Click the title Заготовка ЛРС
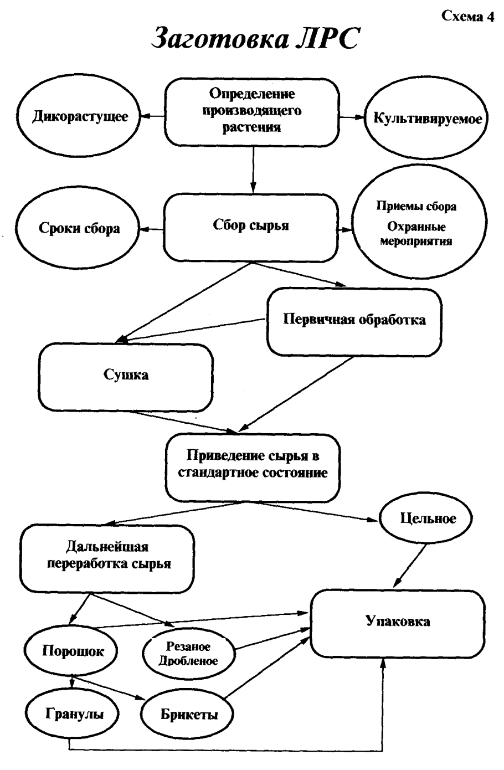coord(252,40)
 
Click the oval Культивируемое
coord(425,119)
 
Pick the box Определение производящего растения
coord(252,111)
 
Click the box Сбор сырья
coord(252,226)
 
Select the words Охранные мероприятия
coord(416,234)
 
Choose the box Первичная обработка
coord(354,320)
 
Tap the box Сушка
coord(126,375)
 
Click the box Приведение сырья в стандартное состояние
coord(252,465)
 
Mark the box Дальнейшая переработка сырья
coord(107,556)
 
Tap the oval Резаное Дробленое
coord(188,654)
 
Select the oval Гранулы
coord(74,713)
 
